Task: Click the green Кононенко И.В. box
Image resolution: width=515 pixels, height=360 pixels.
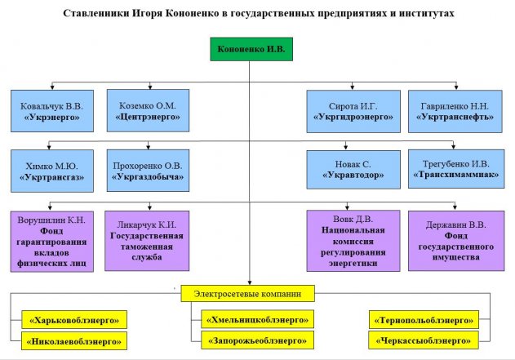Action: [251, 50]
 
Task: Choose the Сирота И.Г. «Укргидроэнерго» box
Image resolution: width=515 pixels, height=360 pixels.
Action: [353, 111]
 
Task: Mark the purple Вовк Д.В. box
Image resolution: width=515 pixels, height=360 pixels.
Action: [353, 240]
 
